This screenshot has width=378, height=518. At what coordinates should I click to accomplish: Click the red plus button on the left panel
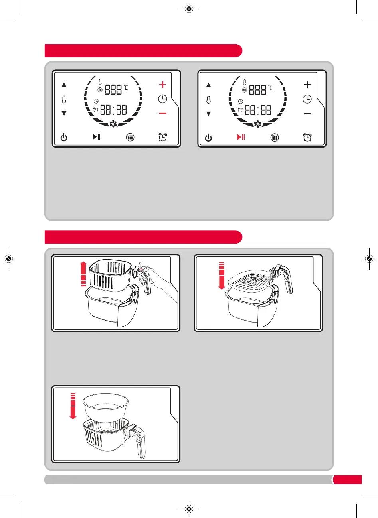pyautogui.click(x=162, y=85)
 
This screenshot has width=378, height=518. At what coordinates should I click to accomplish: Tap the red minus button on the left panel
pyautogui.click(x=162, y=114)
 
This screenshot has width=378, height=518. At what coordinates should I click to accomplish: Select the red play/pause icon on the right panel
pyautogui.click(x=241, y=137)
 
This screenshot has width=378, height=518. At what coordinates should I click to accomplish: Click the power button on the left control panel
pyautogui.click(x=64, y=138)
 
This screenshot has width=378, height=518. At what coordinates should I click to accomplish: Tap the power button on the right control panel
pyautogui.click(x=208, y=138)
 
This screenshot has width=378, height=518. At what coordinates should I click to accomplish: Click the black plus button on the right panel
pyautogui.click(x=307, y=85)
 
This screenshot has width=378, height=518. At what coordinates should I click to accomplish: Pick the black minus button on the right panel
pyautogui.click(x=307, y=114)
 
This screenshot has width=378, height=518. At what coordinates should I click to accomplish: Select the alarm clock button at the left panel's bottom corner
pyautogui.click(x=162, y=137)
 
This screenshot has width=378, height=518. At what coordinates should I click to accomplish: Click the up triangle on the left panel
pyautogui.click(x=64, y=85)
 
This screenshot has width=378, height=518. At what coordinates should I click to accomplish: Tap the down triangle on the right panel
pyautogui.click(x=208, y=114)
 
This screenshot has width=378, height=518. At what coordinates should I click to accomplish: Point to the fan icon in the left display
pyautogui.click(x=113, y=124)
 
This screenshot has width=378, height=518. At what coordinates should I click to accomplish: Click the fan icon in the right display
pyautogui.click(x=257, y=124)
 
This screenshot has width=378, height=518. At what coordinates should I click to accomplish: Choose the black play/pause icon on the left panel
pyautogui.click(x=97, y=137)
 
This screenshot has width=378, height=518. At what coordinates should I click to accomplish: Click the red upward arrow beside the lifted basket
pyautogui.click(x=83, y=273)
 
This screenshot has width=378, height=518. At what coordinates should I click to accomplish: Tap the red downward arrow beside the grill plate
pyautogui.click(x=222, y=275)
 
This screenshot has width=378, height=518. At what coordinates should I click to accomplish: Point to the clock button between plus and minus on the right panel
pyautogui.click(x=307, y=99)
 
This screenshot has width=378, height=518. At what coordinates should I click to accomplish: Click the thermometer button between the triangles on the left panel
pyautogui.click(x=64, y=99)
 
